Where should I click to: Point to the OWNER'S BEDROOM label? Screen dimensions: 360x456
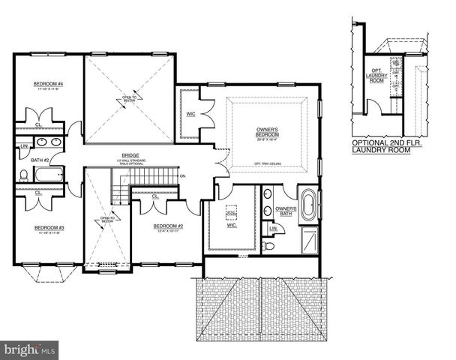[x=267, y=133]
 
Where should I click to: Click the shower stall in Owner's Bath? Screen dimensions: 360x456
[x=308, y=241]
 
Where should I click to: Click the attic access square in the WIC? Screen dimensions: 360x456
[x=232, y=214]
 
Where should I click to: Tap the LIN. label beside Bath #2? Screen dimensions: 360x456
[x=24, y=145]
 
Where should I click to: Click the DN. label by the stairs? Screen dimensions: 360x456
[x=183, y=177]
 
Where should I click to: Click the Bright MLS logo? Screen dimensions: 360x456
[x=29, y=349]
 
